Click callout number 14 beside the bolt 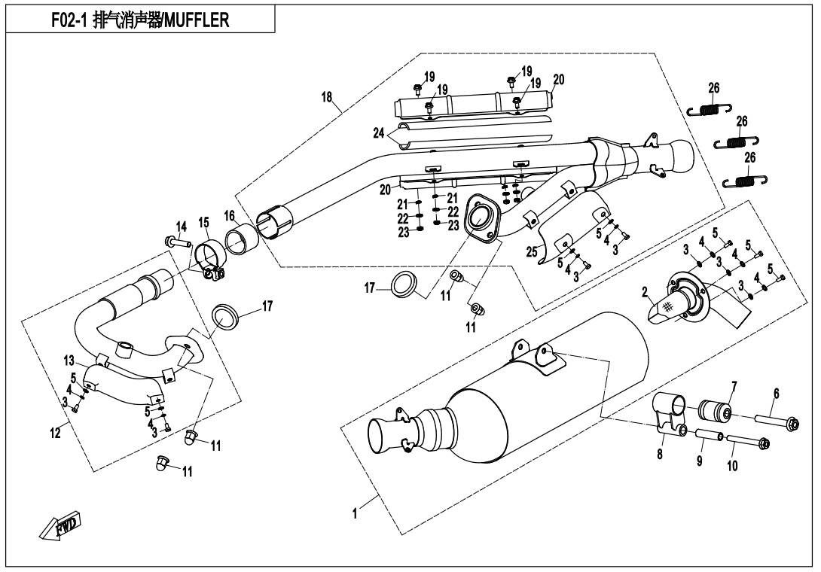[181, 227]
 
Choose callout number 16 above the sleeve [230, 215]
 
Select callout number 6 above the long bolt [776, 393]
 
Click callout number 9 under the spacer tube [700, 462]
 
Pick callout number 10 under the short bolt [733, 466]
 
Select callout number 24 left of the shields [380, 133]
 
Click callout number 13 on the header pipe [69, 359]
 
